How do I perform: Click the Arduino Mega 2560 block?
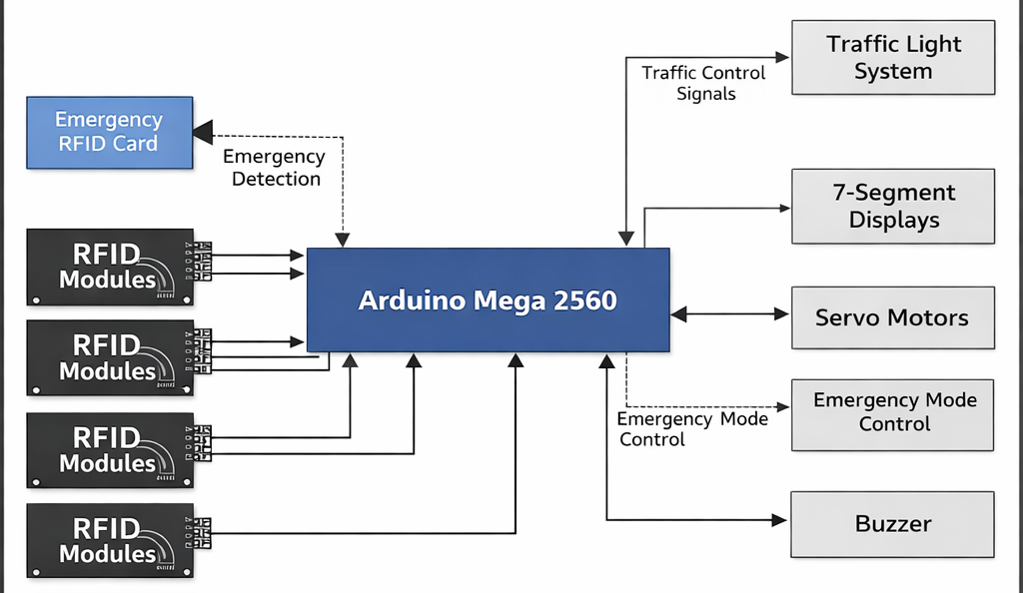488,299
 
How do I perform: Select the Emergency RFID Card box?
109,132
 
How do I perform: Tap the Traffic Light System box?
892,58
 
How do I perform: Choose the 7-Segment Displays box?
892,207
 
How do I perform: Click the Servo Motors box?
892,318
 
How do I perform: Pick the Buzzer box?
892,524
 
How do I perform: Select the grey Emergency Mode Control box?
892,413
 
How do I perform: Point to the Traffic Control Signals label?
703,84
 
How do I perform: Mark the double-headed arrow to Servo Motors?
730,314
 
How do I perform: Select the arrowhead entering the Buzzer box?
781,520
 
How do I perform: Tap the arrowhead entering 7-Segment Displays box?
782,208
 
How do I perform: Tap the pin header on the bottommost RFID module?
202,532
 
